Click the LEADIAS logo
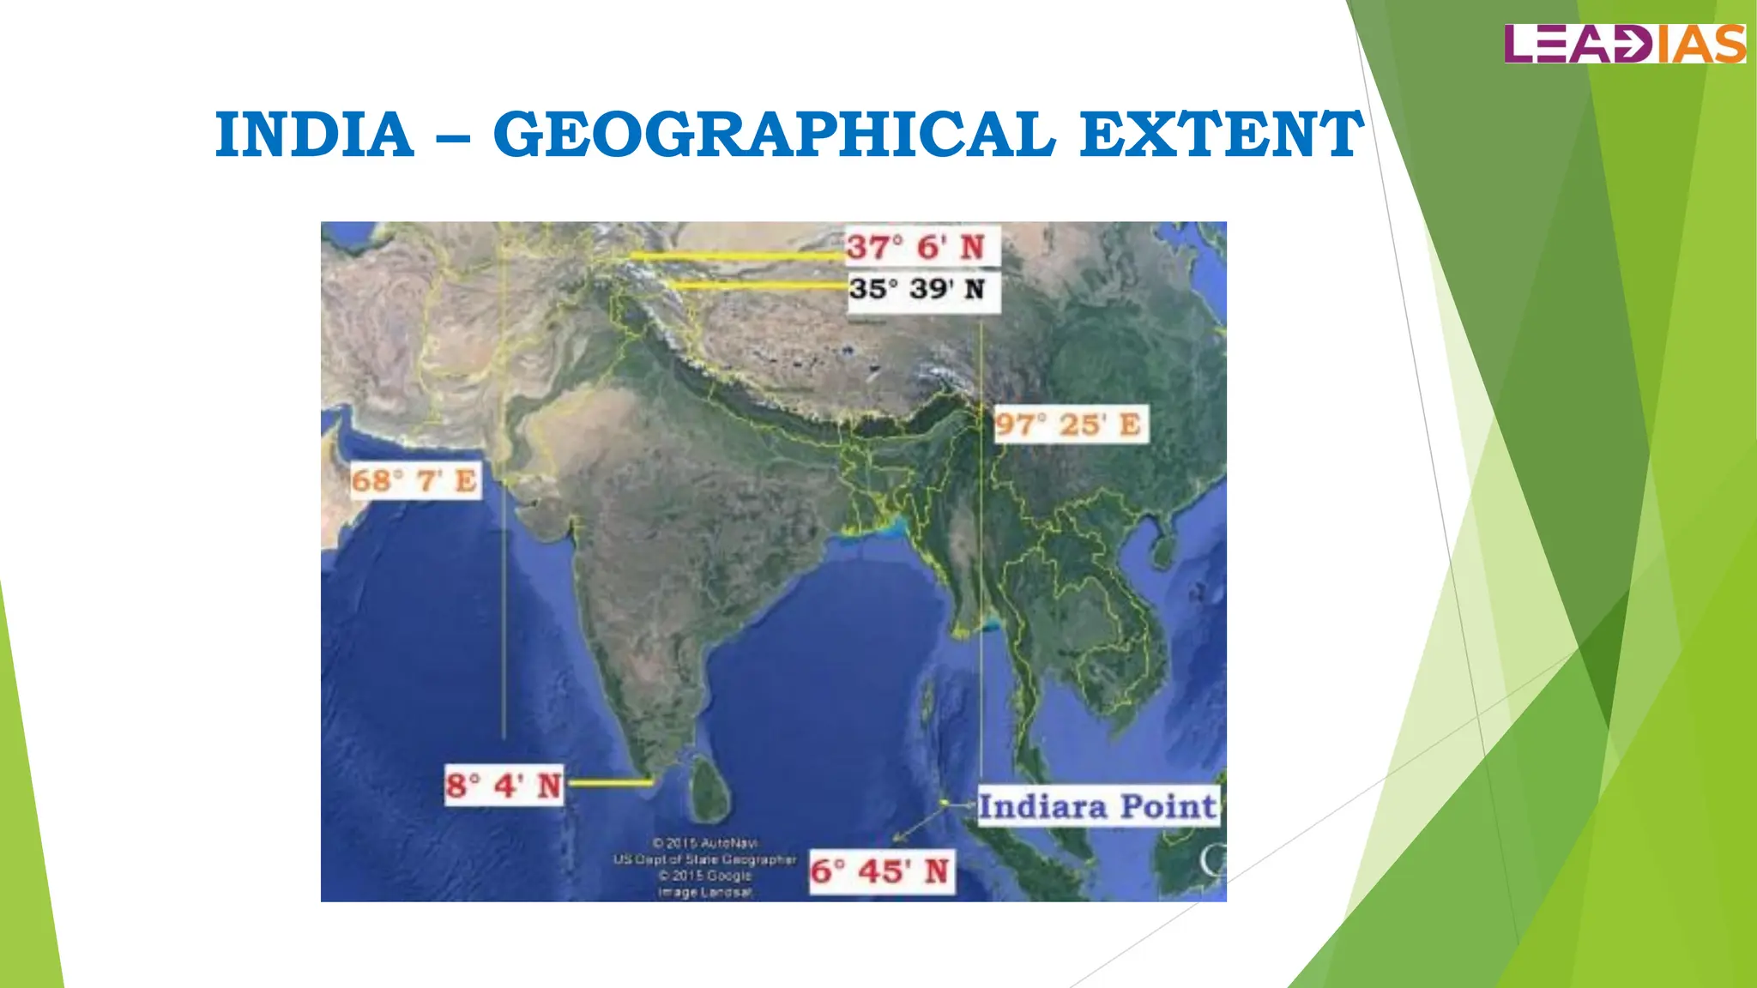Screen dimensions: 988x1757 coord(1624,44)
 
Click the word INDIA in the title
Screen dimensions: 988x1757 coord(314,135)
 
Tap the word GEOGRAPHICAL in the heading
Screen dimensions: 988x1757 coord(773,135)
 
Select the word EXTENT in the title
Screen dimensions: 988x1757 coord(1221,135)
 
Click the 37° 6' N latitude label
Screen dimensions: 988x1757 coord(915,248)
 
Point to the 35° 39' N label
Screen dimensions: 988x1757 coord(917,289)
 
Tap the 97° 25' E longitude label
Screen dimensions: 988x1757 coord(1068,425)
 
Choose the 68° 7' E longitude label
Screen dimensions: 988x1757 coord(414,480)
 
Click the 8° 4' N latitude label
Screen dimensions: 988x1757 coord(504,786)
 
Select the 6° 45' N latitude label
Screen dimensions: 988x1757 coord(880,871)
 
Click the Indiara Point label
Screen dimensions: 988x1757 coord(1097,806)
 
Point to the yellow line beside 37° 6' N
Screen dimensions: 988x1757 coord(736,256)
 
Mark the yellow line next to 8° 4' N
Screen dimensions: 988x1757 coord(609,782)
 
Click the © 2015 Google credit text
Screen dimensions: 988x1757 coord(704,876)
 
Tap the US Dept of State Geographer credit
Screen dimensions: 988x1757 coord(704,859)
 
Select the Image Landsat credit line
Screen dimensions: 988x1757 coord(704,893)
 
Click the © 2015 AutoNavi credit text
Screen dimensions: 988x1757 coord(704,843)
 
